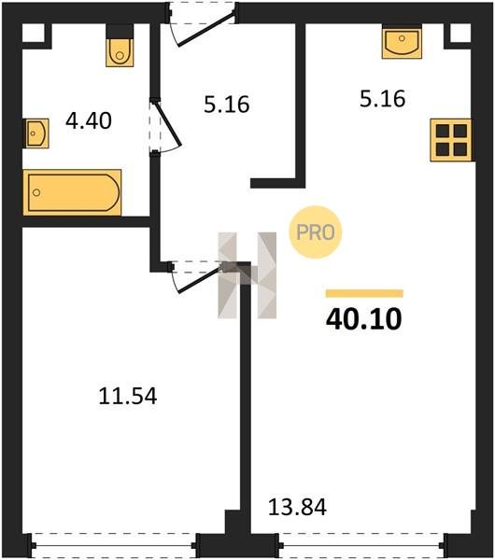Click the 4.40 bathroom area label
[x=89, y=120]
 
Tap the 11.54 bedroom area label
[x=128, y=397]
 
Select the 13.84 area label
[x=297, y=507]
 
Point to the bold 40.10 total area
[x=364, y=319]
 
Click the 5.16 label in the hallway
[x=227, y=105]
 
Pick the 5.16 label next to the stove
[x=382, y=99]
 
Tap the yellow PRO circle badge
[x=316, y=232]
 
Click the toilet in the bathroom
[x=120, y=52]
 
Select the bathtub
[x=72, y=193]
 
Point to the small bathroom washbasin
[x=36, y=133]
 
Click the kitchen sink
[x=402, y=44]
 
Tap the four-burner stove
[x=451, y=140]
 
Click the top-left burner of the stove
[x=443, y=131]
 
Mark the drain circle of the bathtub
[x=36, y=193]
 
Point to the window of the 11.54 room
[x=114, y=545]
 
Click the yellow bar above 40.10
[x=364, y=293]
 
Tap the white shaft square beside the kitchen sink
[x=460, y=34]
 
